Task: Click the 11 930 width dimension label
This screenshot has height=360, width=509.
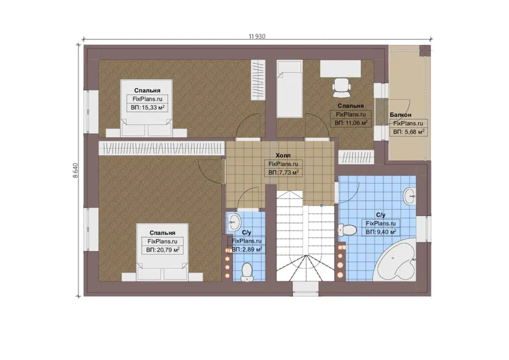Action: [x=257, y=36]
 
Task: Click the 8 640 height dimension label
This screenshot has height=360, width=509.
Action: [x=75, y=170]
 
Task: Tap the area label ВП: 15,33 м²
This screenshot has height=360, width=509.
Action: [x=148, y=108]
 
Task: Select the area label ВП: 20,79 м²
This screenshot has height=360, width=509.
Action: [x=163, y=250]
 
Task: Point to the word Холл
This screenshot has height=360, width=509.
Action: [x=283, y=155]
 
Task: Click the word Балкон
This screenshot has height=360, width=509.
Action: [x=400, y=115]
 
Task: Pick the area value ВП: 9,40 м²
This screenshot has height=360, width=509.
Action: [x=381, y=232]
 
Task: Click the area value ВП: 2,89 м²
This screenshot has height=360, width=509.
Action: [x=247, y=250]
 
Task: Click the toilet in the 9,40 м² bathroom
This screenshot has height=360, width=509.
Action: [x=346, y=230]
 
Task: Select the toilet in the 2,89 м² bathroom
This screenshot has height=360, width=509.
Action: [x=247, y=272]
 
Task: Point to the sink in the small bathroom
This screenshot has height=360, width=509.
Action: [x=234, y=222]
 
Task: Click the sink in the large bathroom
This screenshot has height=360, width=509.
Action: [x=410, y=196]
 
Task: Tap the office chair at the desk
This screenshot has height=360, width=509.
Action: [x=342, y=87]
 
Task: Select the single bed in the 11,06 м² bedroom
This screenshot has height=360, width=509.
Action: [x=290, y=89]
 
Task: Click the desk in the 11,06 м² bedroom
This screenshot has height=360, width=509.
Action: [x=340, y=69]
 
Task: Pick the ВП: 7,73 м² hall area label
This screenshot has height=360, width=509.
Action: [x=283, y=173]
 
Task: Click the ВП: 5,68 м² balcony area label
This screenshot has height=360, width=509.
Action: [x=409, y=132]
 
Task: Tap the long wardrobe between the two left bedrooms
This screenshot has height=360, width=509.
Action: [x=161, y=148]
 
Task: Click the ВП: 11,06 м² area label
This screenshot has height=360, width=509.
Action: [x=351, y=123]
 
